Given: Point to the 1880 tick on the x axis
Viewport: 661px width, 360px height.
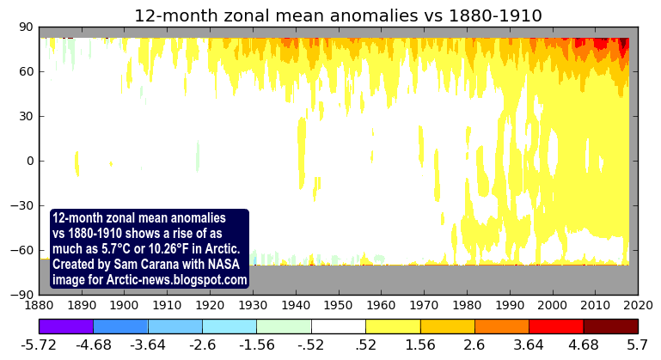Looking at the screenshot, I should coord(39,305).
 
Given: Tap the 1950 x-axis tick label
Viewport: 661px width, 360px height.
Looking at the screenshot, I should coord(338,305).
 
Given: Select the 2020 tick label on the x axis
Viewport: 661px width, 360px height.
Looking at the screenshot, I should coord(637,305).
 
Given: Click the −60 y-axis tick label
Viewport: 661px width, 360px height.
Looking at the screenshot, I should coord(21,250).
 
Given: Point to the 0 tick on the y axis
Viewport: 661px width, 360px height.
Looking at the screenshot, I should coord(29,161).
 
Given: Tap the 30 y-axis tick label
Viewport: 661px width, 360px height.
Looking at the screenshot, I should coord(25,116).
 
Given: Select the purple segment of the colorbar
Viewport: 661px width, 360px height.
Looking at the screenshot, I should coord(66,326).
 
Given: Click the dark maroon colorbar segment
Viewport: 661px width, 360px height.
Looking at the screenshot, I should coord(610,326).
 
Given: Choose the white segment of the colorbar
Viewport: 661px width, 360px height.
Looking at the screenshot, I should coord(338,326).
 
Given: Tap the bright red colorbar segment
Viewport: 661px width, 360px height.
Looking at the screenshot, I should coord(555,326).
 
